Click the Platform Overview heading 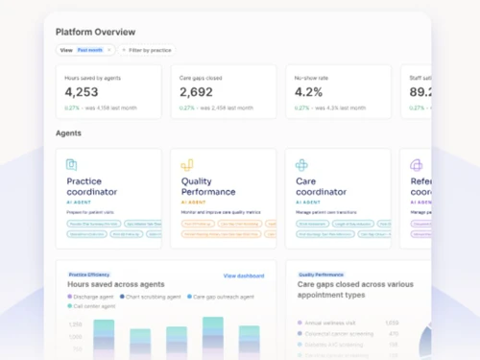[x=96, y=32]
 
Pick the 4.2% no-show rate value [x=308, y=92]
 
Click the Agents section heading [x=68, y=133]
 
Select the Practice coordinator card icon [x=71, y=166]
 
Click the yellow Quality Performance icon [x=187, y=166]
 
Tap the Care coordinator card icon [x=301, y=166]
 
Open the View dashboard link [x=243, y=276]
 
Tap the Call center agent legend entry [x=97, y=306]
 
